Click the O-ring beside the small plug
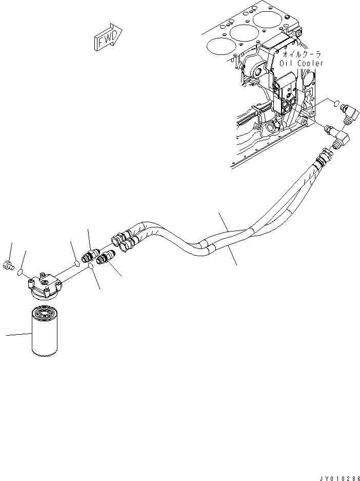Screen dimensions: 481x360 click(19, 273)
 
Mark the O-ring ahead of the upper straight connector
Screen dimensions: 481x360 click(76, 263)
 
